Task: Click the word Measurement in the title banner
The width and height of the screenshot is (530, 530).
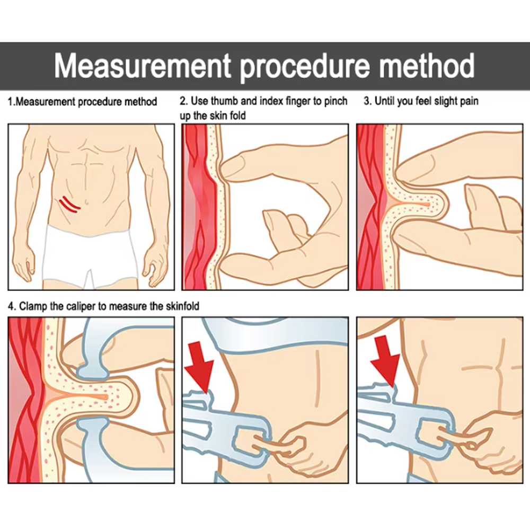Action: click(x=143, y=66)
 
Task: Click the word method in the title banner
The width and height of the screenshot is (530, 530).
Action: click(x=426, y=66)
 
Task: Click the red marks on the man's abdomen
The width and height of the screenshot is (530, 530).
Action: click(x=69, y=204)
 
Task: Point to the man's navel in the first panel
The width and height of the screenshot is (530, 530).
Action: click(x=87, y=202)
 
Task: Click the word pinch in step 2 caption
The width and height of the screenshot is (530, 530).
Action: click(x=335, y=102)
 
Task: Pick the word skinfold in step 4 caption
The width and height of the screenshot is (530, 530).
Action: click(x=182, y=306)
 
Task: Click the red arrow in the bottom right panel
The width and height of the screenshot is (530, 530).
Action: click(x=386, y=361)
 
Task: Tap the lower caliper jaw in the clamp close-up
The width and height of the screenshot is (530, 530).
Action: click(x=93, y=439)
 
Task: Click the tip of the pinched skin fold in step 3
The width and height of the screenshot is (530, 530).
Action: click(x=446, y=205)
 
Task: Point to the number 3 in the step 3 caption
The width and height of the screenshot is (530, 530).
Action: click(x=366, y=101)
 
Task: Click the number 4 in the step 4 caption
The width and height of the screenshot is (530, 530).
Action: click(x=11, y=306)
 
